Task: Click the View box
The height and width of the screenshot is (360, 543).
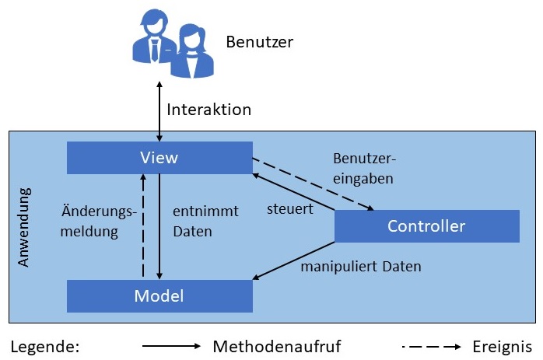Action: click(159, 158)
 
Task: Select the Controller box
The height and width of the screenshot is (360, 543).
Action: click(426, 226)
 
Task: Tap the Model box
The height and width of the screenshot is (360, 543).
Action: click(159, 295)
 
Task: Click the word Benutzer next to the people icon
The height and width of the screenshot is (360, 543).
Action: click(259, 42)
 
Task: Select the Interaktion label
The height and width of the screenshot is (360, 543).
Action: click(208, 110)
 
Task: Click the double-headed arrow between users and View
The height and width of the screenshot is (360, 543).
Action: click(159, 110)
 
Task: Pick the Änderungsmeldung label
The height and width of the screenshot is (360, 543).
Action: click(99, 222)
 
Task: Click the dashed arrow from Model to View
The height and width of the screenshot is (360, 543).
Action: click(143, 226)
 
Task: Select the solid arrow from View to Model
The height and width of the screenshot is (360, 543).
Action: click(159, 226)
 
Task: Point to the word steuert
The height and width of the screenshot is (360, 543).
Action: click(289, 209)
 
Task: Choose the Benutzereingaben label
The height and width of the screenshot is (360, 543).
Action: click(364, 168)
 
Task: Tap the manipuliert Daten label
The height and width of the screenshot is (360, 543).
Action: click(361, 267)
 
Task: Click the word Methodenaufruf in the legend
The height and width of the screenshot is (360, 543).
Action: click(276, 346)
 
